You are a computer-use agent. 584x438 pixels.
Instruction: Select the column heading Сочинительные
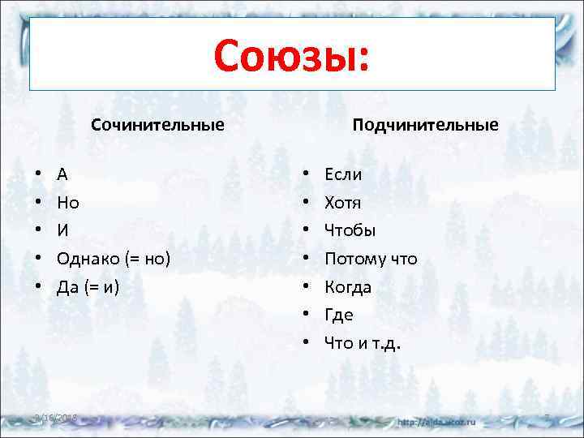point(157,125)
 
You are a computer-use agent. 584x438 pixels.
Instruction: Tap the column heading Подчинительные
point(425,125)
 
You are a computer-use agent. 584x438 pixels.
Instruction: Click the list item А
point(62,174)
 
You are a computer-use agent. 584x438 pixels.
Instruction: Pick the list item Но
point(68,203)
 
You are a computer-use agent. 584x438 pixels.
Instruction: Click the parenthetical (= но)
point(147,259)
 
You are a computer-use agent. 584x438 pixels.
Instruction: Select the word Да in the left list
point(68,287)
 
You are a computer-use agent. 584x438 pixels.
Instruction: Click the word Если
point(343,174)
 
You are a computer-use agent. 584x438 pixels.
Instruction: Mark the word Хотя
point(342,203)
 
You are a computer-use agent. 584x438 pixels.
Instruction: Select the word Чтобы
point(350,231)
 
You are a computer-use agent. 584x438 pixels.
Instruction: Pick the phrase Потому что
point(371,259)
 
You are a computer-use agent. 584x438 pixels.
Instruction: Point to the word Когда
point(348,287)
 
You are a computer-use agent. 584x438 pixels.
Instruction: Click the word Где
point(338,315)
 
